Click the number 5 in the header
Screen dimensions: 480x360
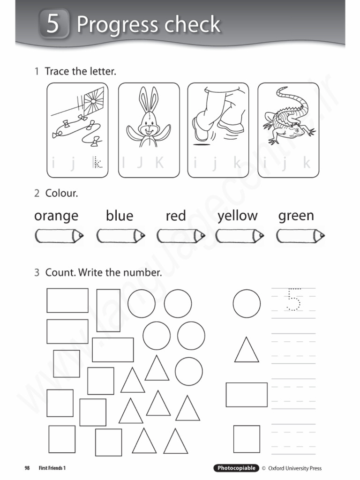pyautogui.click(x=53, y=24)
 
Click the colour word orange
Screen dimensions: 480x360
pyautogui.click(x=56, y=216)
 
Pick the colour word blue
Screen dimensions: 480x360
pyautogui.click(x=120, y=216)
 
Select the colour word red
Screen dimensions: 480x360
pyautogui.click(x=176, y=216)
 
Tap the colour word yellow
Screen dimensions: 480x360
pyautogui.click(x=237, y=216)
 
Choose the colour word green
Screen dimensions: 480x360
pyautogui.click(x=296, y=216)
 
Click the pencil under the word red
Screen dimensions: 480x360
pyautogui.click(x=180, y=236)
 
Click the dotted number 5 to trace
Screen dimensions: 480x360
pyautogui.click(x=294, y=300)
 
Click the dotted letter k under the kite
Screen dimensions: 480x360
pyautogui.click(x=97, y=163)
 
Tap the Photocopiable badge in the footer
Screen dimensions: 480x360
pyautogui.click(x=236, y=468)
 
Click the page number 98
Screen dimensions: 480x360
pyautogui.click(x=27, y=468)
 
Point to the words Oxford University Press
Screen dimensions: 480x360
pyautogui.click(x=295, y=468)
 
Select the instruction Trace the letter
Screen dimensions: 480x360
pyautogui.click(x=80, y=72)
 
